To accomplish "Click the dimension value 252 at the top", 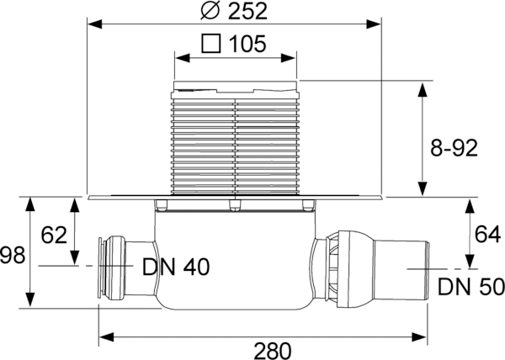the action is tap(247, 11).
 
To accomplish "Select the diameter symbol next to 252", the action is tap(210, 11).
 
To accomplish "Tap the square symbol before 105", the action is tap(211, 43).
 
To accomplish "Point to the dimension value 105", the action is tap(247, 44).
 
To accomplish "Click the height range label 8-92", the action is tap(454, 148).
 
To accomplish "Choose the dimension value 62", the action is tap(54, 235).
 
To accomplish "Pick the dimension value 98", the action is tap(13, 255).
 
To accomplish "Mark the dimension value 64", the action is tap(487, 234).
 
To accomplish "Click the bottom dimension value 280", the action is tap(273, 351).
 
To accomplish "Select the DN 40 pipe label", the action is tap(176, 267).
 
